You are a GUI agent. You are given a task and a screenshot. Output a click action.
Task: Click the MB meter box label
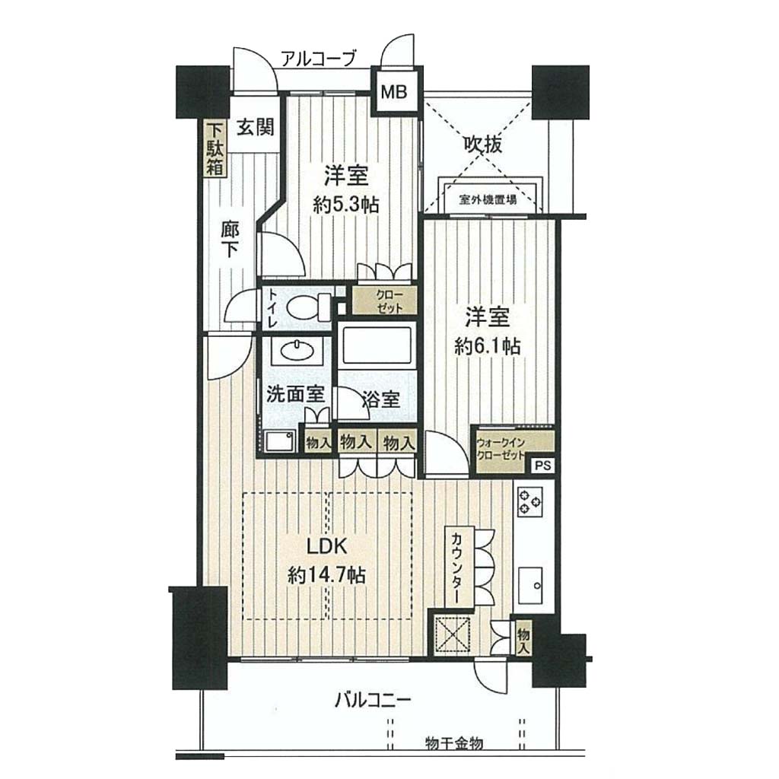[x=394, y=92]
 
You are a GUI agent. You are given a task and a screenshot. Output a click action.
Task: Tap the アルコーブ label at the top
[x=319, y=59]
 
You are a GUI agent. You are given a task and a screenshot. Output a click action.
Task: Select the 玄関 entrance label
[x=255, y=127]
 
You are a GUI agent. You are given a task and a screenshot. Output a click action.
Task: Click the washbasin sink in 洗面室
[x=297, y=350]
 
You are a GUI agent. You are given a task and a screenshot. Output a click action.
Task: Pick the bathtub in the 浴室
[x=377, y=345]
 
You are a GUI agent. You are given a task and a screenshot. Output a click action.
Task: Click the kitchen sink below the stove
[x=529, y=585]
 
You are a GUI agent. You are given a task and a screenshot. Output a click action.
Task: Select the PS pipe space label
[x=543, y=466]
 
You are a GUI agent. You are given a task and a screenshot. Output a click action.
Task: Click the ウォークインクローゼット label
[x=501, y=449]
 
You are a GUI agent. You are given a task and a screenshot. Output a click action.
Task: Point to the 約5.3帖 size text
[x=346, y=205]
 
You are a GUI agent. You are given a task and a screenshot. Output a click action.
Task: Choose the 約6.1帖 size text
[x=488, y=346]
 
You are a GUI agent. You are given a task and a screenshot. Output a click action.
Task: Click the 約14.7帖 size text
[x=326, y=575]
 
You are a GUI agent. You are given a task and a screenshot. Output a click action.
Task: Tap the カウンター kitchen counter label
[x=456, y=568]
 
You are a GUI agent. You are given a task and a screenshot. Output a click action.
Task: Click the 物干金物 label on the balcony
[x=454, y=743]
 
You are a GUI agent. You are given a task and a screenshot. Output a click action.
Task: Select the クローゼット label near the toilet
[x=389, y=301]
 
